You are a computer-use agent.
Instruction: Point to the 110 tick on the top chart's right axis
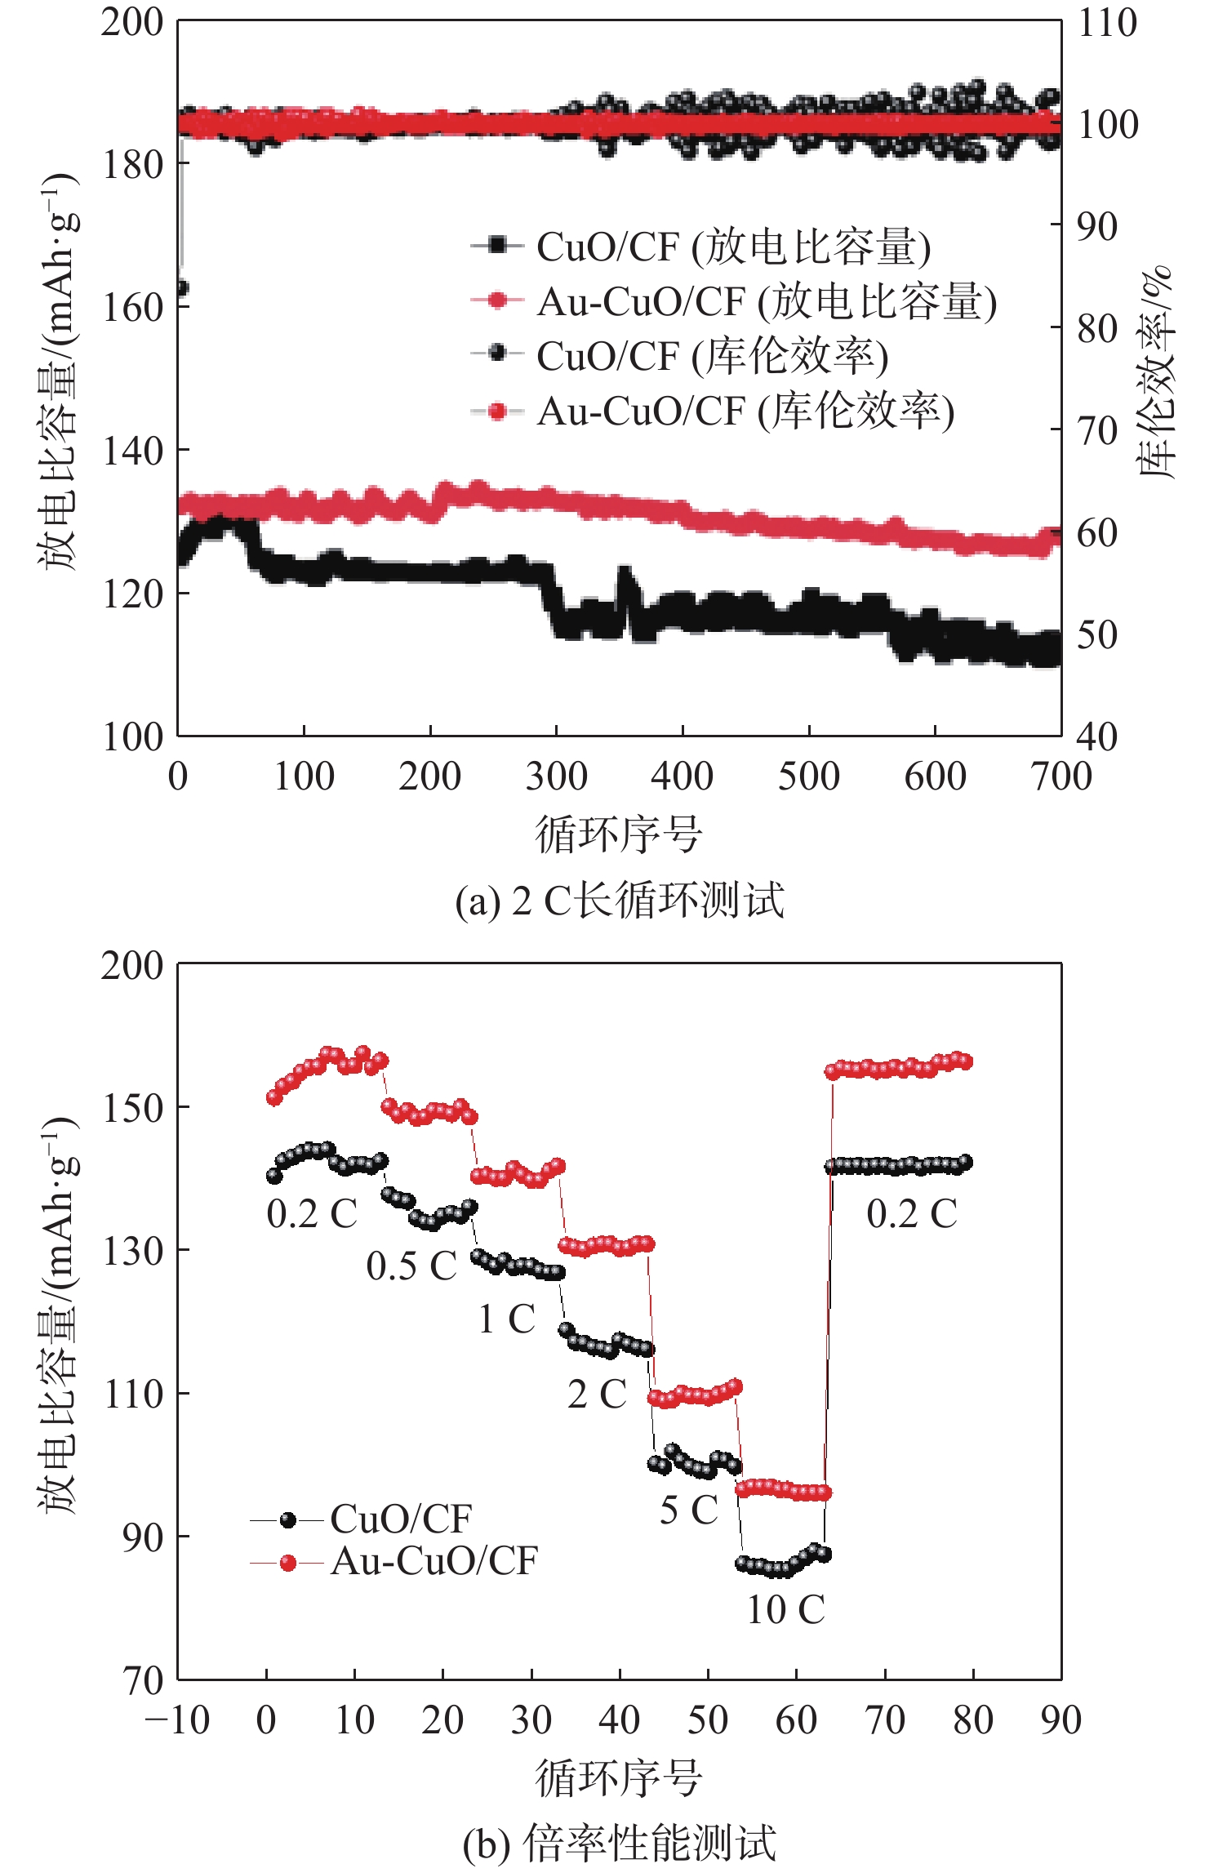click(x=1107, y=23)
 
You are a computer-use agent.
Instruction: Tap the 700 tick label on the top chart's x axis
click(x=1060, y=776)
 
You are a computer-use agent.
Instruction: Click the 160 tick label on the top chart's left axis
click(x=132, y=309)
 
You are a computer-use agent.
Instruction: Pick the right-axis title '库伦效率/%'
click(x=1155, y=371)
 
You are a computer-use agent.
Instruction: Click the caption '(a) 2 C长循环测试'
click(x=619, y=901)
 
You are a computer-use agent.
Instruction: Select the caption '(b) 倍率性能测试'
click(x=619, y=1844)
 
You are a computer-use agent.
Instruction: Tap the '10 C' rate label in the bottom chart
click(x=785, y=1610)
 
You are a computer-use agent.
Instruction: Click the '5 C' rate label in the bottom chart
click(x=688, y=1510)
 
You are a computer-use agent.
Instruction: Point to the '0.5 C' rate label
click(x=411, y=1266)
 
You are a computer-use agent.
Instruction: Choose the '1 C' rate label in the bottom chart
click(x=506, y=1319)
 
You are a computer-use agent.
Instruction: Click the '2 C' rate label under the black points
click(x=597, y=1395)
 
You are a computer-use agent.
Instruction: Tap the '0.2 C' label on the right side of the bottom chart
click(x=911, y=1214)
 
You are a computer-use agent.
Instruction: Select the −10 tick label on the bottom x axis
click(x=177, y=1721)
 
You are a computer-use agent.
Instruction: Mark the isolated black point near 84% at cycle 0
click(x=180, y=288)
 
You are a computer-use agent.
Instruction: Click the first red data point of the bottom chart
click(x=274, y=1098)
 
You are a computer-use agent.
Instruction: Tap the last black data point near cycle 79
click(x=965, y=1162)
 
